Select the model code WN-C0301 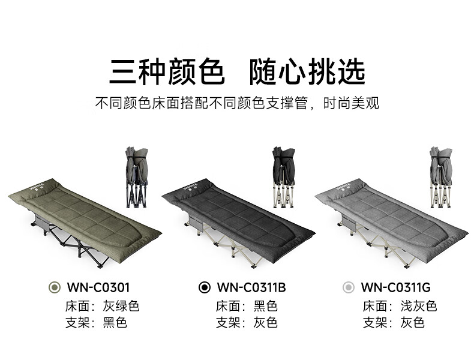pyautogui.click(x=99, y=287)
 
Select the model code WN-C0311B pyautogui.click(x=251, y=287)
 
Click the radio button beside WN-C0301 pyautogui.click(x=55, y=287)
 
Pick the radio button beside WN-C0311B pyautogui.click(x=204, y=287)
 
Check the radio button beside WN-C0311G pyautogui.click(x=348, y=287)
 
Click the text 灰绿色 pyautogui.click(x=121, y=306)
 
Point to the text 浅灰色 pyautogui.click(x=419, y=306)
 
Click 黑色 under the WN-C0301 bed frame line pyautogui.click(x=115, y=323)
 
